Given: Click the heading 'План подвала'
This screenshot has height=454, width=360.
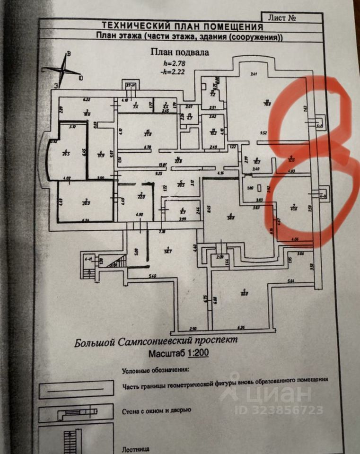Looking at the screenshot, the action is coord(179,53).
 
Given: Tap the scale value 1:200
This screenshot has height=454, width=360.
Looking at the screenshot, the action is coord(195,352).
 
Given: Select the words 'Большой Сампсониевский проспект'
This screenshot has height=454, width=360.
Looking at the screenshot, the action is coord(155,341).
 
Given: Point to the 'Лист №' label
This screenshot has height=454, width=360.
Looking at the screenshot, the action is coord(282,18).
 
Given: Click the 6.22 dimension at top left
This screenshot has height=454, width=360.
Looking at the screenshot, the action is coord(86,100).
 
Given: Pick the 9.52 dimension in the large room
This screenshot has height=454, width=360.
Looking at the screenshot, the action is coord(263,133).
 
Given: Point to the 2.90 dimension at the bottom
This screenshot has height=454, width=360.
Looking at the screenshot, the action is coord(193,328).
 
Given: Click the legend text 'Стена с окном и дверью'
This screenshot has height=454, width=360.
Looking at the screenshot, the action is coord(157,410).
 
